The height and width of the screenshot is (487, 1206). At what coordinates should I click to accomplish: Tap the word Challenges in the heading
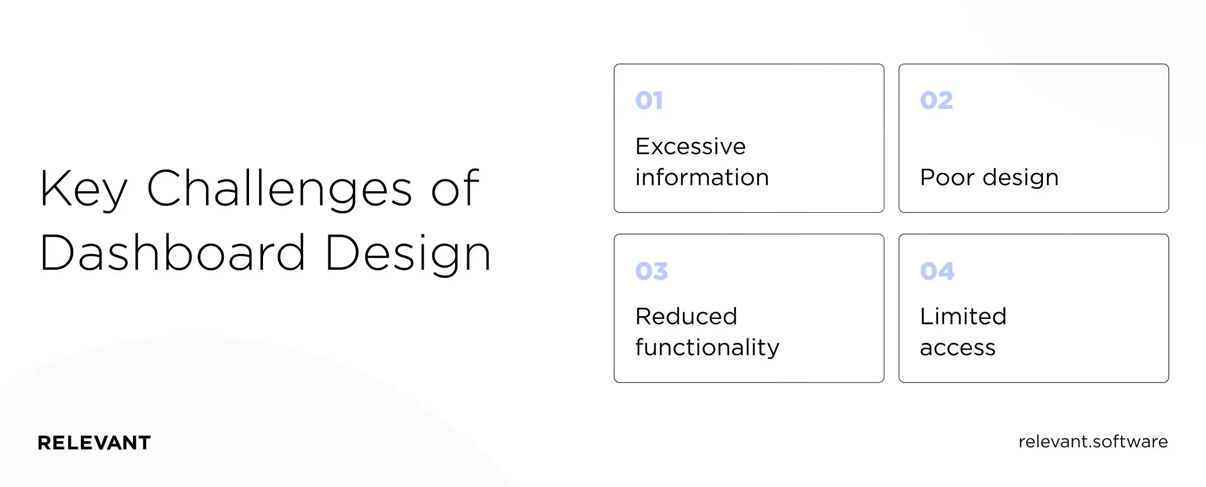click(x=280, y=189)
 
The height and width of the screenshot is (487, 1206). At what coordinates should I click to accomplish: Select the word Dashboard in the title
click(x=173, y=254)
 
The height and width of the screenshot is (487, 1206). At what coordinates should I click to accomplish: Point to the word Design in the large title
click(x=408, y=255)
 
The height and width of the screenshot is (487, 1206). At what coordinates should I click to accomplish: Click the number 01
click(x=649, y=101)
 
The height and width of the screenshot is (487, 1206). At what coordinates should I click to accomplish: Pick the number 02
click(x=936, y=101)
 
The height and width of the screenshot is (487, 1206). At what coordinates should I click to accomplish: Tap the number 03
click(x=652, y=271)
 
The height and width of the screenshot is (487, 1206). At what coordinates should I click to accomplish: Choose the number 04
click(x=937, y=271)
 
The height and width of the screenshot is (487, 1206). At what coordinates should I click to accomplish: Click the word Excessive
click(x=691, y=147)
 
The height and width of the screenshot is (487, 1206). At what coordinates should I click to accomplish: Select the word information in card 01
click(x=702, y=178)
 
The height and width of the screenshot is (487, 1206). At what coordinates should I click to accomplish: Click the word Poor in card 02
click(x=947, y=178)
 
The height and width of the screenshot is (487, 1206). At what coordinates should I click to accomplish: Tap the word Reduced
click(x=686, y=317)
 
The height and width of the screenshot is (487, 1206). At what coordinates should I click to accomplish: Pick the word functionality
click(x=707, y=348)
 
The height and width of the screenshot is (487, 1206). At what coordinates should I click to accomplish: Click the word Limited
click(x=963, y=317)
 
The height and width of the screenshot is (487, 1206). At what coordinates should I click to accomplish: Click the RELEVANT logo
click(x=94, y=443)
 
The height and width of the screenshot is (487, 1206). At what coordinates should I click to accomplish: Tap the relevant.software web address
click(x=1093, y=442)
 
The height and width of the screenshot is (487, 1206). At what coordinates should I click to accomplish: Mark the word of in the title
click(x=455, y=189)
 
